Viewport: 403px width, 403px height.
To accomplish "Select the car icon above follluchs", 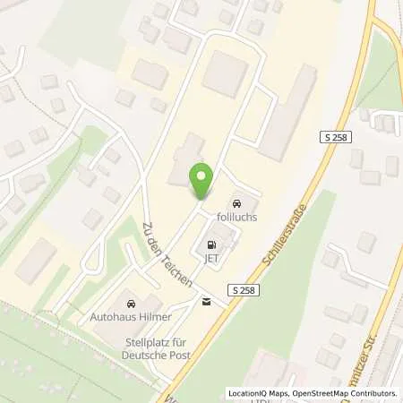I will pyautogui.click(x=238, y=202).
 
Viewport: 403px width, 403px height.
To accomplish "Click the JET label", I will pyautogui.click(x=211, y=260).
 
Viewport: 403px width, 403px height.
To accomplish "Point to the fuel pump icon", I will pyautogui.click(x=212, y=244).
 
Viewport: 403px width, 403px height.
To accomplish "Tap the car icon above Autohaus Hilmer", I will pyautogui.click(x=133, y=303).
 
